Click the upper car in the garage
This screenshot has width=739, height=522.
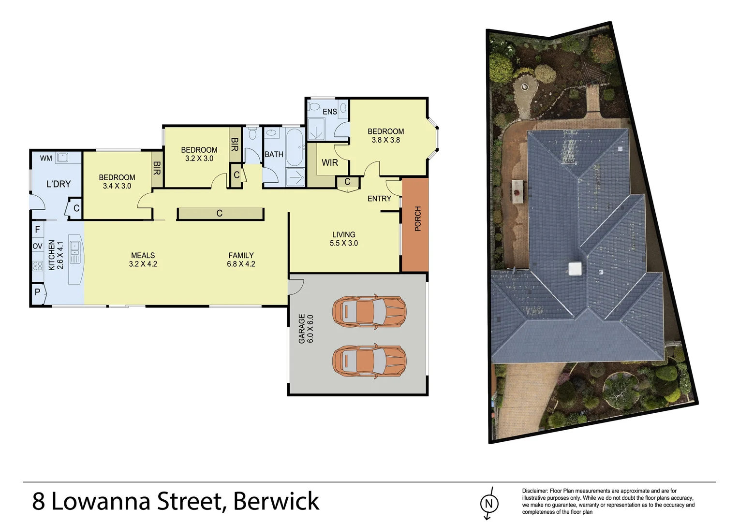click(369, 312)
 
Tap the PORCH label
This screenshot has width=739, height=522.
click(418, 218)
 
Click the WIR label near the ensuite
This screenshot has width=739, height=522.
click(330, 163)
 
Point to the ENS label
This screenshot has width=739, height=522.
click(330, 112)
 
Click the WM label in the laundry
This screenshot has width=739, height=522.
click(46, 158)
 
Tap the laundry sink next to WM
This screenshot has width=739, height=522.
click(62, 158)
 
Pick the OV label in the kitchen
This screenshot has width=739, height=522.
click(38, 246)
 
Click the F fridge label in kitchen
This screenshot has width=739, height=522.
click(38, 230)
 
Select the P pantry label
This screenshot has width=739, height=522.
click(38, 292)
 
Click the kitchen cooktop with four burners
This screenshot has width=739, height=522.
click(38, 265)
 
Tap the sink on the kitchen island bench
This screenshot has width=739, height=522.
click(75, 248)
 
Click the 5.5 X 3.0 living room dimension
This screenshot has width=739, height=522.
click(344, 243)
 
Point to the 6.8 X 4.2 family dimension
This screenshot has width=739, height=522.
click(241, 264)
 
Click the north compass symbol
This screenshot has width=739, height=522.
click(488, 504)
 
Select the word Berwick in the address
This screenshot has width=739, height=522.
click(276, 501)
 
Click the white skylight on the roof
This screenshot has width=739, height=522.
click(575, 269)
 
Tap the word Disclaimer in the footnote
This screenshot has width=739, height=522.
click(535, 491)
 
